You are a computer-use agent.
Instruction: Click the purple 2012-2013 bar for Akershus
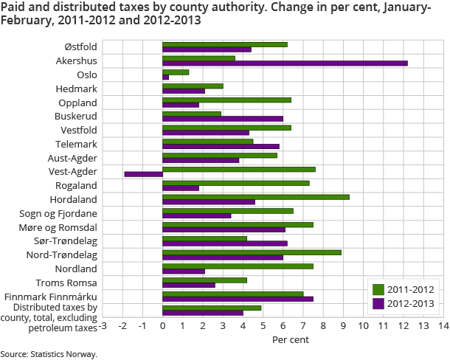285,63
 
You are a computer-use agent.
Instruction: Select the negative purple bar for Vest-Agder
143,174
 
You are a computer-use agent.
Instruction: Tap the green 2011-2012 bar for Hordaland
256,197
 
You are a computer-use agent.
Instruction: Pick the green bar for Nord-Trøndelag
252,252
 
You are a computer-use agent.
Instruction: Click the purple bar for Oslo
165,77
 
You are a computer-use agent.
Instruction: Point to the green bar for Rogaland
236,183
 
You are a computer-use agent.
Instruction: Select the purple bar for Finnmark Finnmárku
238,299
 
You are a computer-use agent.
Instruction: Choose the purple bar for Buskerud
223,119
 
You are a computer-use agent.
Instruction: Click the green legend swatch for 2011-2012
378,289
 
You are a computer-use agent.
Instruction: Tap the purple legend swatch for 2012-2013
378,302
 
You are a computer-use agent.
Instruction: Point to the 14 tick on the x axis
443,325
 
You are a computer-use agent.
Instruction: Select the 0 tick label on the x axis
162,325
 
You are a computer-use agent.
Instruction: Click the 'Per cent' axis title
291,340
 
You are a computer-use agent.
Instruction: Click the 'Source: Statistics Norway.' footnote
49,354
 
